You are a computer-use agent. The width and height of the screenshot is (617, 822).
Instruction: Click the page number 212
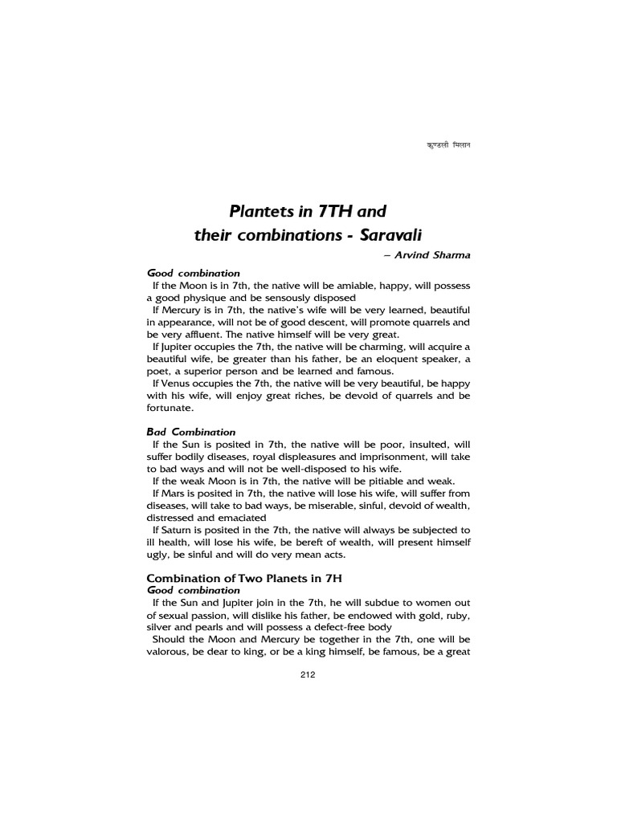pyautogui.click(x=308, y=675)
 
